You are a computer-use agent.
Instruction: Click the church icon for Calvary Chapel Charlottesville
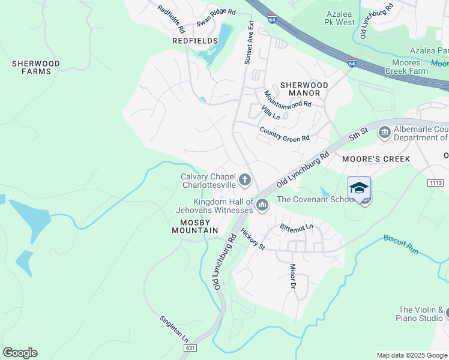[244, 179]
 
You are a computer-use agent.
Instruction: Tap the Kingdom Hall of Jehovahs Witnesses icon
[262, 206]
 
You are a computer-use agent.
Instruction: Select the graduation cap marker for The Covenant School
[359, 188]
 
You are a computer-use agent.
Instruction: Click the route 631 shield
[190, 348]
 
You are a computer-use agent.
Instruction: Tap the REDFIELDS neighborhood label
[195, 40]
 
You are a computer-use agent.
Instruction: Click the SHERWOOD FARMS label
[36, 67]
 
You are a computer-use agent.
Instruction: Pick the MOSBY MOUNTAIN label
[194, 226]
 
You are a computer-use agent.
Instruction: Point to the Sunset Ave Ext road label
[249, 44]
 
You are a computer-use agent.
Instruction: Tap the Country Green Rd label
[284, 134]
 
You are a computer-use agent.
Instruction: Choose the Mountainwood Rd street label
[288, 98]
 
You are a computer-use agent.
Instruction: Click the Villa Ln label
[271, 112]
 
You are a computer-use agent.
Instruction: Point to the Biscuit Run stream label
[402, 242]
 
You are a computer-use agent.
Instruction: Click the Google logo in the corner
[20, 353]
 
